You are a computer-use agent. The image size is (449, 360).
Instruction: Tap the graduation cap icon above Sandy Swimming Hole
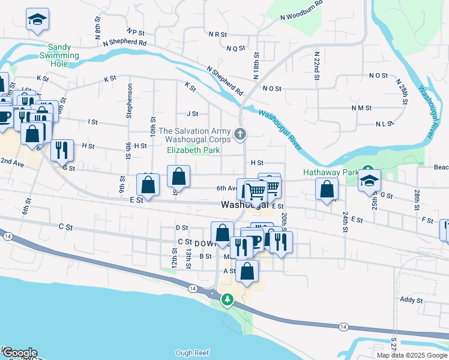tap(37, 20)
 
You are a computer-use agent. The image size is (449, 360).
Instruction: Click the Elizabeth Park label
tap(193, 151)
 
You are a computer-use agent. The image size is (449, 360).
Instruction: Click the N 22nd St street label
tap(316, 65)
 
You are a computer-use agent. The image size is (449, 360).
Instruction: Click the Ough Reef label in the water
tap(191, 353)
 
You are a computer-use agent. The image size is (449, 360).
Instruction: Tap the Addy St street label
tap(411, 299)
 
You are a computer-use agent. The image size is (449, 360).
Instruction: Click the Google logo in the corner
tap(19, 353)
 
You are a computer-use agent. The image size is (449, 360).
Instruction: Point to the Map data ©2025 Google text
tap(412, 355)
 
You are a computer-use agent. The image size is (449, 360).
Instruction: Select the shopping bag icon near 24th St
tap(326, 190)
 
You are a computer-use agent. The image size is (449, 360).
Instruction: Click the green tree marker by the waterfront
tap(227, 299)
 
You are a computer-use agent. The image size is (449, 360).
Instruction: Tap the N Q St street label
tap(235, 48)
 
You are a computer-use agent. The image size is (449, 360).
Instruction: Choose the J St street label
tap(192, 113)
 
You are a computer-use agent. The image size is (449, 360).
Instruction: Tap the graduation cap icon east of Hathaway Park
tap(369, 181)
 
